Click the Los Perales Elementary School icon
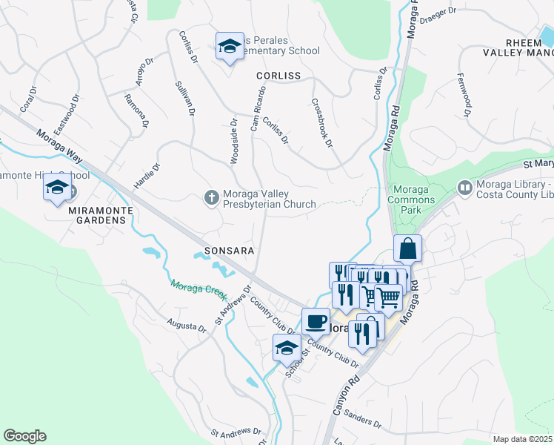230,47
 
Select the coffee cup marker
316,322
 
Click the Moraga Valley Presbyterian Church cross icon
211,197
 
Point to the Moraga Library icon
464,188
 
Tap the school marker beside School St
287,347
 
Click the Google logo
24,436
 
